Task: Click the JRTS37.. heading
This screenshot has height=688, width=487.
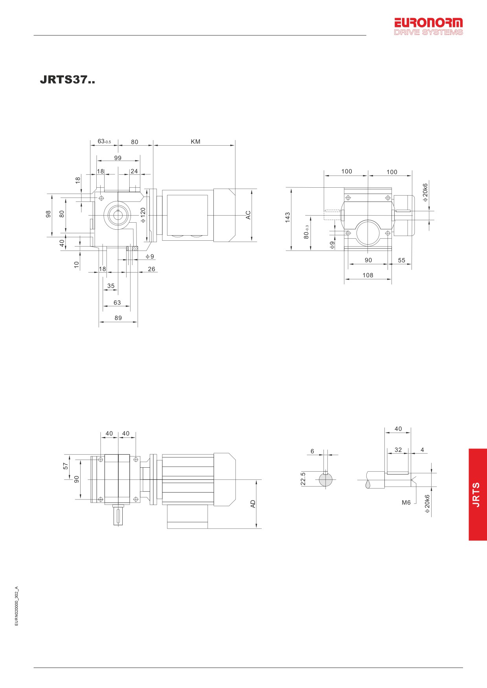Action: pyautogui.click(x=67, y=80)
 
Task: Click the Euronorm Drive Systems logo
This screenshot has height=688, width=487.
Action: pyautogui.click(x=428, y=26)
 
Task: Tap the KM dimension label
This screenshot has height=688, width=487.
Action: pyautogui.click(x=195, y=142)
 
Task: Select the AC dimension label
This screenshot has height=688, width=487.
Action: pyautogui.click(x=248, y=215)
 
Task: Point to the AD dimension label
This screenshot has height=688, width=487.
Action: pyautogui.click(x=253, y=504)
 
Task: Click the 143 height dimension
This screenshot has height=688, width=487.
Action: pyautogui.click(x=288, y=218)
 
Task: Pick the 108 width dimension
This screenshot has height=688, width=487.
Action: pyautogui.click(x=368, y=275)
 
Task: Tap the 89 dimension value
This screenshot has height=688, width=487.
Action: pyautogui.click(x=118, y=318)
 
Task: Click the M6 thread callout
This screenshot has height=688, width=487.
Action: pyautogui.click(x=406, y=503)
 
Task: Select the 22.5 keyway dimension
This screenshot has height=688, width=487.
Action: pyautogui.click(x=303, y=479)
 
